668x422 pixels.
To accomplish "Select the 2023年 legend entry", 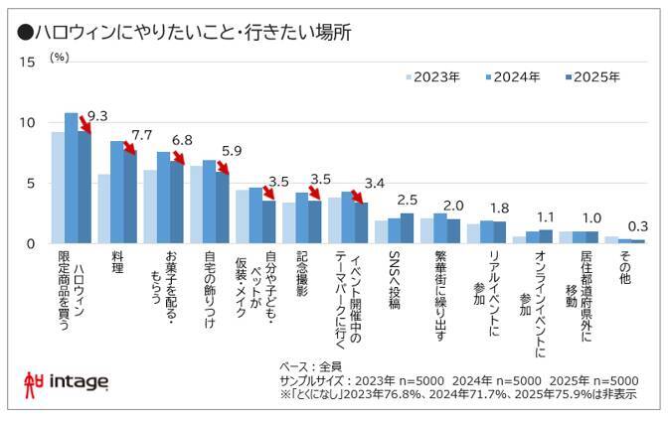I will click(x=430, y=76).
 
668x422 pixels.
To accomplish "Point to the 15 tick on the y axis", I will click(x=28, y=62).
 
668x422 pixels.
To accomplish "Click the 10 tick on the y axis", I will click(x=28, y=123).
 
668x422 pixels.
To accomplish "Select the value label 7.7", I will click(x=141, y=135).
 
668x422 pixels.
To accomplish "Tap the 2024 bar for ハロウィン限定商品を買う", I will click(x=71, y=179).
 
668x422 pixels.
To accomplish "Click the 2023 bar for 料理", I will click(x=103, y=209).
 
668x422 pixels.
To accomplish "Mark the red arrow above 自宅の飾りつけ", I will click(x=222, y=164).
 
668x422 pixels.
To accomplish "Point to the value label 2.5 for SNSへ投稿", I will click(x=407, y=200).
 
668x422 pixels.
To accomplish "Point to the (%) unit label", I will click(x=59, y=57).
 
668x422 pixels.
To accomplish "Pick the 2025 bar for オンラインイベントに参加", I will click(x=545, y=236).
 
